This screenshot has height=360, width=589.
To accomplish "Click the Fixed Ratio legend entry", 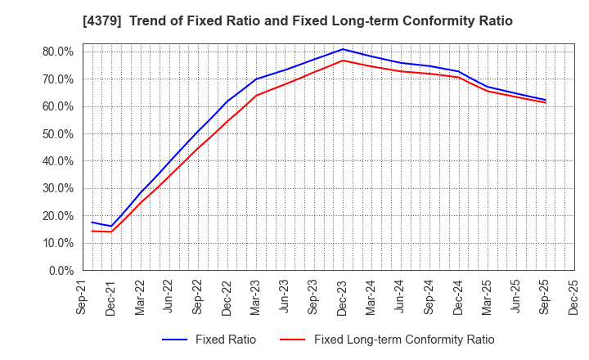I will [209, 340].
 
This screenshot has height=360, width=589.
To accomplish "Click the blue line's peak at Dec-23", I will [343, 49].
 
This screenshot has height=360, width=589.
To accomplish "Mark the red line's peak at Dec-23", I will [343, 61].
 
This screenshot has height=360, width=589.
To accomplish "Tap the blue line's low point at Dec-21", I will [111, 226].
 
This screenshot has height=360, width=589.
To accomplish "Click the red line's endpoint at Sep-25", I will [545, 102].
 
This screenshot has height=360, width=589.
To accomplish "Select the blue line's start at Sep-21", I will [92, 222].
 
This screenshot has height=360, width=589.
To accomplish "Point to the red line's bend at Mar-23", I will [256, 96].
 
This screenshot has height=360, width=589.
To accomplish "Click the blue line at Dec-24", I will [458, 71].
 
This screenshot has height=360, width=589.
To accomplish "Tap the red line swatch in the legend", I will [293, 340].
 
